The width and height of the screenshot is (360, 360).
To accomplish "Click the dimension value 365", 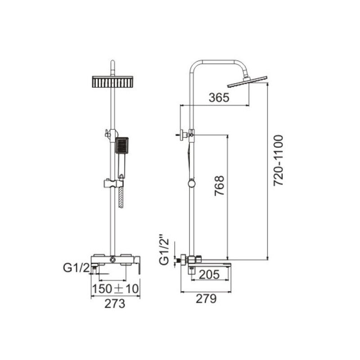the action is point(219,98).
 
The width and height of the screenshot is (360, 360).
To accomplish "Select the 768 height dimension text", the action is point(219,185).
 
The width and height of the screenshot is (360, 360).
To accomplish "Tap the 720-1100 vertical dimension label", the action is point(279,160).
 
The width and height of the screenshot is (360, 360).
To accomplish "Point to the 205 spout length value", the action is point(209,274).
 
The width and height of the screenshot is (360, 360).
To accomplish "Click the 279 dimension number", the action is point(206,299).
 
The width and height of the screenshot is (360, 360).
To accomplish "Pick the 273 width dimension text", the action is point(115,304).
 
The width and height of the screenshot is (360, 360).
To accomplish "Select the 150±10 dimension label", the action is point(116,289).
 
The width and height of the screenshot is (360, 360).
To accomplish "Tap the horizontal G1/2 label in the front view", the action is point(76,268).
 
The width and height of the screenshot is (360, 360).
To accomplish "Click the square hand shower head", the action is point(121,145).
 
